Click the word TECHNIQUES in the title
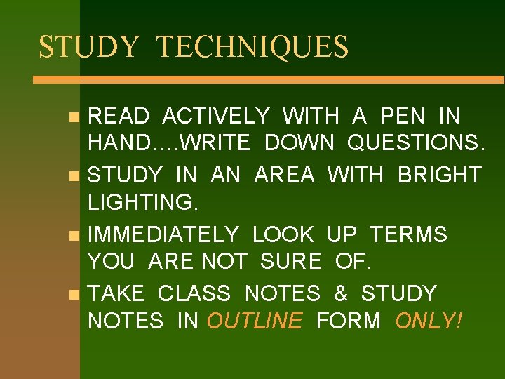[x=252, y=47]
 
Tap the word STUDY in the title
[x=89, y=47]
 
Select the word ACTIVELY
[x=216, y=115]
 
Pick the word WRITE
[x=215, y=143]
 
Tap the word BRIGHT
[x=439, y=174]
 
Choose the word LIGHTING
[x=143, y=203]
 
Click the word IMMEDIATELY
[x=163, y=234]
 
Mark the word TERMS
[x=408, y=234]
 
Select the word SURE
[x=290, y=262]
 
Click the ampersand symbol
[x=340, y=293]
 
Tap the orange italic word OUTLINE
[x=255, y=321]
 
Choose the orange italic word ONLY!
[x=429, y=321]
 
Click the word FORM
[x=349, y=321]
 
